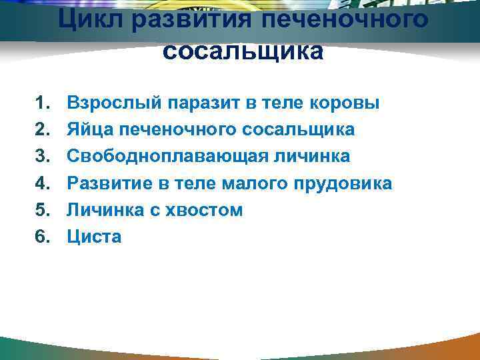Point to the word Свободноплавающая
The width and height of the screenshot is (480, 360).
point(171,157)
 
